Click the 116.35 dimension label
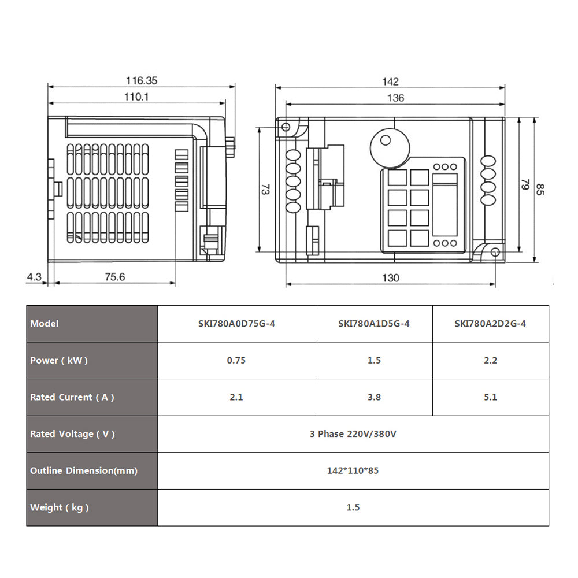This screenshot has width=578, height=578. click(x=142, y=80)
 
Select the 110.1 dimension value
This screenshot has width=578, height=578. click(x=136, y=97)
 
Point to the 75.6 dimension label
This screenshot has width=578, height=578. click(x=114, y=277)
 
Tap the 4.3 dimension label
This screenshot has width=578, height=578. click(x=34, y=277)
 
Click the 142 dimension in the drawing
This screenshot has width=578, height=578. click(x=390, y=81)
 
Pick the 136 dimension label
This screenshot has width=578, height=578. click(x=395, y=98)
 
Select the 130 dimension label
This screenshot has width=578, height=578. click(x=390, y=278)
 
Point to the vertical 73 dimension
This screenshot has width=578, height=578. click(x=265, y=189)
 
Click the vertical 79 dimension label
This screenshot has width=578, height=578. click(x=525, y=184)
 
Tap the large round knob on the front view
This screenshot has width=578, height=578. click(x=390, y=148)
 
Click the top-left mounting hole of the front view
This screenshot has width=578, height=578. click(x=286, y=127)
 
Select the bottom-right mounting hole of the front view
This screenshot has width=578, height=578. click(x=495, y=252)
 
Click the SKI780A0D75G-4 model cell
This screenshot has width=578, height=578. click(x=236, y=324)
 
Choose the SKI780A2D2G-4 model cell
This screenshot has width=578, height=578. click(x=490, y=324)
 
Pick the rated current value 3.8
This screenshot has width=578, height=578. click(x=374, y=397)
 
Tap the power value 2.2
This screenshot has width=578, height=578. click(x=490, y=360)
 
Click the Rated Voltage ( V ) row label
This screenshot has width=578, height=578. click(x=72, y=434)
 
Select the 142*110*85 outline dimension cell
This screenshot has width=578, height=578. click(x=353, y=470)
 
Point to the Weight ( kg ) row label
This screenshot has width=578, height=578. click(x=60, y=507)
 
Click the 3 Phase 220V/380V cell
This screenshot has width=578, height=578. click(x=353, y=434)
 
